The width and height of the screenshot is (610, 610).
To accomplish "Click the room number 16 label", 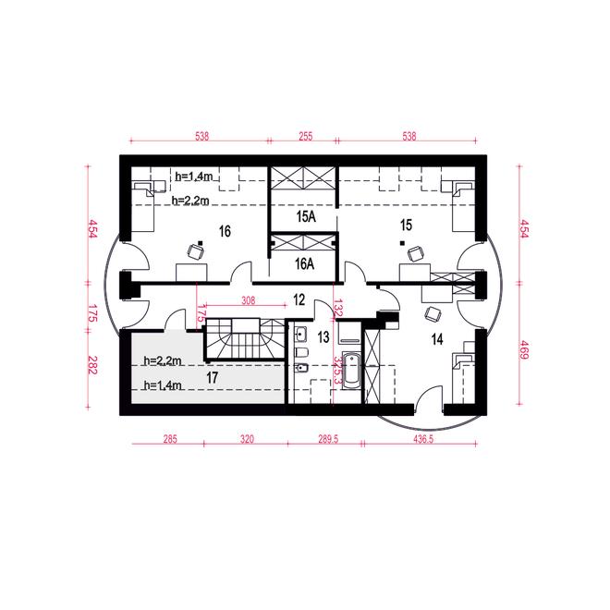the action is point(225,231).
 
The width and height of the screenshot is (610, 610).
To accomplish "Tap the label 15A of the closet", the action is point(306,216).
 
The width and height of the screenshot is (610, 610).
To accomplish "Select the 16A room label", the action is point(304,263).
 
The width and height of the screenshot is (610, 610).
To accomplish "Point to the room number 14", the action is point(437,339).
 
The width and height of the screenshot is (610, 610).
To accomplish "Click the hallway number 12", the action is point(299,299).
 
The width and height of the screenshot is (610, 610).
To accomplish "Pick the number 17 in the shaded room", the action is point(212,377).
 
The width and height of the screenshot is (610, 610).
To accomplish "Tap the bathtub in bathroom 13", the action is point(352,369).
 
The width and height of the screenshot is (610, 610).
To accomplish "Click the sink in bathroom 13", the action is point(300,335).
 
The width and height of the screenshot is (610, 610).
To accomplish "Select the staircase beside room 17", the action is point(245,339).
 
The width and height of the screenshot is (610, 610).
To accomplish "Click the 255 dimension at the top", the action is point(305,136).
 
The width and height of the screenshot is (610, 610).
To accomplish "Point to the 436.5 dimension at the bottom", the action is point(423,439).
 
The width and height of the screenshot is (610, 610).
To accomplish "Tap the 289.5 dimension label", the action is point(328,439).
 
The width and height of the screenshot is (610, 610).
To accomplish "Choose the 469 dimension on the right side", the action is point(524,349).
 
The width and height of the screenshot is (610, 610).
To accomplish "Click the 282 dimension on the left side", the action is point(91,364).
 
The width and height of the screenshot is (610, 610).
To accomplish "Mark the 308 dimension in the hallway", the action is point(249,300).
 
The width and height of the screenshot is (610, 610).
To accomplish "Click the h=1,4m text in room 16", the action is point(194,177).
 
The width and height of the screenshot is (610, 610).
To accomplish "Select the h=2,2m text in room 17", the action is point(163,361).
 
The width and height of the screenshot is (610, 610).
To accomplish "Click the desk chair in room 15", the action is point(416,253).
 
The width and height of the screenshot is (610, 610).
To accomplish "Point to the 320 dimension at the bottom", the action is point(247,439).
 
